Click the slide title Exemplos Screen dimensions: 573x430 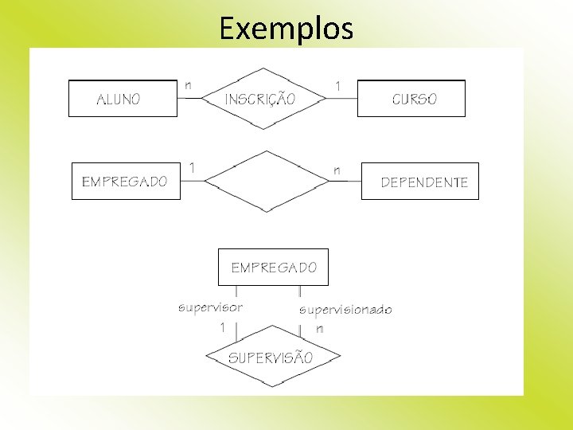click(286, 29)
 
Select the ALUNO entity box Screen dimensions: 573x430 click(123, 99)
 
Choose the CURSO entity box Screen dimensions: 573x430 click(411, 99)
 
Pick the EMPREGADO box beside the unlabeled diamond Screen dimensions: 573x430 click(125, 181)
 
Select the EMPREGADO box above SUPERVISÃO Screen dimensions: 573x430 click(273, 268)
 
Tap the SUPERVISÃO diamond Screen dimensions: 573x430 click(271, 357)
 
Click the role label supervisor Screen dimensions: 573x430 click(210, 306)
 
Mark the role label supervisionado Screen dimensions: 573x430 click(345, 310)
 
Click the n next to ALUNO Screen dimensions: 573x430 click(188, 84)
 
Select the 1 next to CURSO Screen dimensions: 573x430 click(338, 84)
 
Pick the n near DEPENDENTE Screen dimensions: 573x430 click(337, 170)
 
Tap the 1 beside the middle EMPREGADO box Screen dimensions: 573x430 click(191, 167)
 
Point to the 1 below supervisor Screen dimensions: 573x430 click(223, 326)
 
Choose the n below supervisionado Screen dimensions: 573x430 click(319, 328)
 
